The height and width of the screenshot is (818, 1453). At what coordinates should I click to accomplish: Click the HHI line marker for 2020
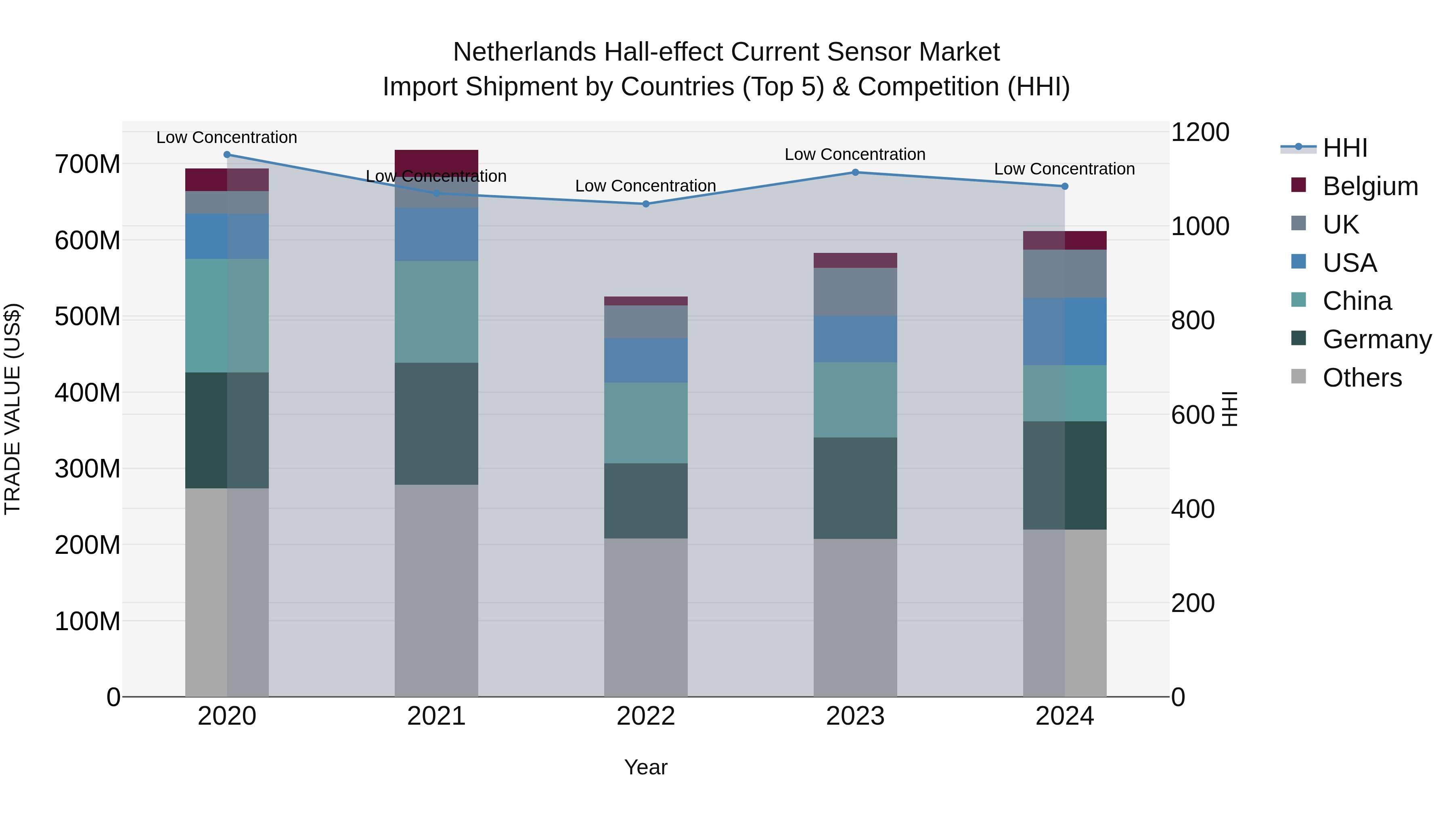(227, 155)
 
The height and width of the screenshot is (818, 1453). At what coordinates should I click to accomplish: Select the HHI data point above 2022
(646, 204)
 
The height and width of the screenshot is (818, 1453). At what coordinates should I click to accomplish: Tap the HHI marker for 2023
(855, 172)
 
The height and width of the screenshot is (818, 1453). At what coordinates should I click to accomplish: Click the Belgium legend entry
(1369, 186)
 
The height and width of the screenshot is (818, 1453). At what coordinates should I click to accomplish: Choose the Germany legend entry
(1376, 339)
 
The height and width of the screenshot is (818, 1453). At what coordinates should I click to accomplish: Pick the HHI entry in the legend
(1345, 148)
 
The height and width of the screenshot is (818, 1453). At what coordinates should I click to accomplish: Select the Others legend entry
(1362, 378)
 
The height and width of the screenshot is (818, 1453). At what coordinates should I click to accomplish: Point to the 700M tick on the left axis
(88, 164)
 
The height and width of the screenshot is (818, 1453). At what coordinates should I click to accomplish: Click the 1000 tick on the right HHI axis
(1200, 226)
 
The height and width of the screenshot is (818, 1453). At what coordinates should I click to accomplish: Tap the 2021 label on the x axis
(436, 716)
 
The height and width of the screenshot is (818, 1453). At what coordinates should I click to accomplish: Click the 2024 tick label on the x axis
(1064, 716)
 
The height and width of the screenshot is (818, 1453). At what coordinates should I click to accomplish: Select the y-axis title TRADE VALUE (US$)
(13, 409)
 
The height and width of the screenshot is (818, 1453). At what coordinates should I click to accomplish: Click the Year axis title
(646, 767)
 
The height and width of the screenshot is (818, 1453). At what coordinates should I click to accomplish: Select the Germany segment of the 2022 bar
(646, 501)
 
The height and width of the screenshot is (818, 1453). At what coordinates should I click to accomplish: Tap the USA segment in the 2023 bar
(855, 339)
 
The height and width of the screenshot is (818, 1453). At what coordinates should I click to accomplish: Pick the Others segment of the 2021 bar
(436, 590)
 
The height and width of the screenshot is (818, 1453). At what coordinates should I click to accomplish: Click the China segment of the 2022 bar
(646, 423)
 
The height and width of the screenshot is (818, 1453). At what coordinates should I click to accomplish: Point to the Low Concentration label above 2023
(855, 154)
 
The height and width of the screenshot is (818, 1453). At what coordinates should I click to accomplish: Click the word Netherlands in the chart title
(525, 52)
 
